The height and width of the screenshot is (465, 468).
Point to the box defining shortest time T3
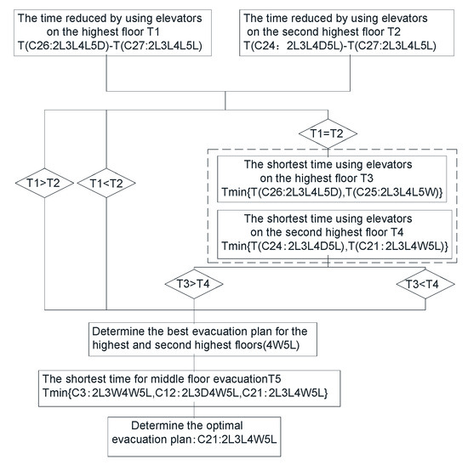click(337, 178)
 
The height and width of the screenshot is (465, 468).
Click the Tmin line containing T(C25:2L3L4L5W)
click(337, 193)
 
